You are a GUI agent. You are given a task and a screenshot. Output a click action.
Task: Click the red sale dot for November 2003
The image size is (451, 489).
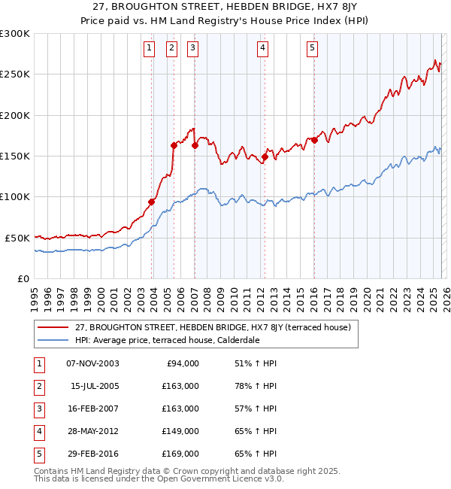click(152, 202)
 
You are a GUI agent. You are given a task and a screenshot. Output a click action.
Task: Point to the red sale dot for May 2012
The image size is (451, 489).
click(265, 157)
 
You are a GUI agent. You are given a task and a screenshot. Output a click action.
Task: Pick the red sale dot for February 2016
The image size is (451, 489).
click(314, 141)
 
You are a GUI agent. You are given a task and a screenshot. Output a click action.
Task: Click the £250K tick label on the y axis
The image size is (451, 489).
click(14, 74)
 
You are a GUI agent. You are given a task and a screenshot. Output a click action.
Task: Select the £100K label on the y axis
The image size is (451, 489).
click(14, 196)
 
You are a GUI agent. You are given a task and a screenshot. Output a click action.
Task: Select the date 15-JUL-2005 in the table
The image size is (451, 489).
click(95, 386)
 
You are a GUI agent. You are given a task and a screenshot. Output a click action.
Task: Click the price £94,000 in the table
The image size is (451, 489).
click(182, 363)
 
